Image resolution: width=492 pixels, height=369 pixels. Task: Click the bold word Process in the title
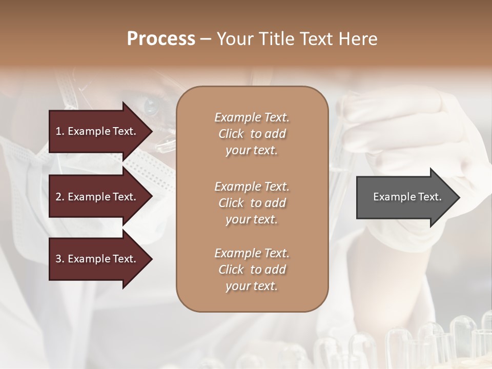click(x=161, y=39)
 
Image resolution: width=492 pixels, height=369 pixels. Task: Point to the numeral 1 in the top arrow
click(x=58, y=131)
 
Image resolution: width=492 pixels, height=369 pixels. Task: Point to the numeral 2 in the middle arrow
click(x=58, y=197)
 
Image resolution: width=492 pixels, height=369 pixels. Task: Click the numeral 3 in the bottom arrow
click(x=58, y=259)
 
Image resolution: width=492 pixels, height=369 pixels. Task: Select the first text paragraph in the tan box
click(x=252, y=134)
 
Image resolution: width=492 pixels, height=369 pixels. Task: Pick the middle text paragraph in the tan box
click(x=252, y=202)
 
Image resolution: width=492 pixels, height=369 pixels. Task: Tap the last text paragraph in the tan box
click(x=252, y=270)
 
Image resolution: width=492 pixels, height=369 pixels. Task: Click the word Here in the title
click(x=361, y=39)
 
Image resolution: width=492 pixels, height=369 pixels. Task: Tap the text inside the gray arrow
click(x=407, y=197)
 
